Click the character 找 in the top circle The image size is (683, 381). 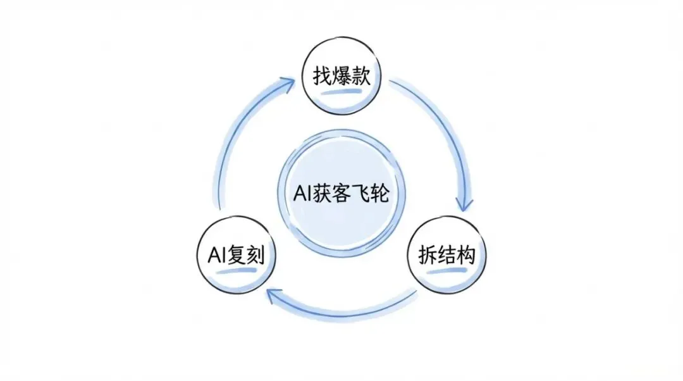[323, 77]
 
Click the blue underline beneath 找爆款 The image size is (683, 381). [343, 92]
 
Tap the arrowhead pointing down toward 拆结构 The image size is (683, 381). [465, 204]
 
